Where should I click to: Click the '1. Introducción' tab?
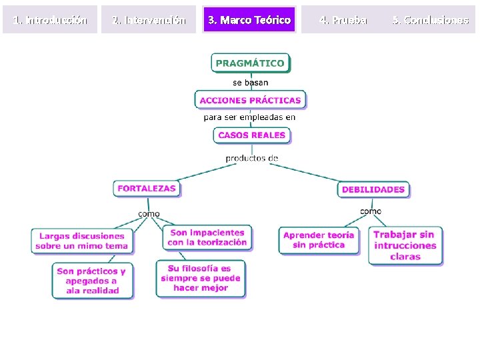point(50,20)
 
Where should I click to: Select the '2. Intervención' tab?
point(149,20)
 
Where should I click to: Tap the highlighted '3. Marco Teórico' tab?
point(249,20)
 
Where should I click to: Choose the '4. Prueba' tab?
point(343,20)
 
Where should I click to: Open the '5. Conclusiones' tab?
point(430,20)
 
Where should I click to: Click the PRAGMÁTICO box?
point(251,63)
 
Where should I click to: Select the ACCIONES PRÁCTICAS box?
point(251,100)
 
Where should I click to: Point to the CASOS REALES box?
point(251,135)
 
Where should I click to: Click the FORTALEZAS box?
point(147,189)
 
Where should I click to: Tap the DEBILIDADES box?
point(373,189)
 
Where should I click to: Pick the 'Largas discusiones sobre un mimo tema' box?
point(82,241)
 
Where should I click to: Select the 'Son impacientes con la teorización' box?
point(207,237)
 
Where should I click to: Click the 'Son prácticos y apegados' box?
point(92,281)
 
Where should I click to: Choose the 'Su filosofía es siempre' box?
point(201,278)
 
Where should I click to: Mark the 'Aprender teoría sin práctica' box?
point(319,240)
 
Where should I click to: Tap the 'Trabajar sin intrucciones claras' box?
point(405,245)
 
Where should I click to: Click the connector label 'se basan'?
point(251,83)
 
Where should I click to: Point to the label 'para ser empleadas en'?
point(250,117)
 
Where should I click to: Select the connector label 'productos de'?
point(251,158)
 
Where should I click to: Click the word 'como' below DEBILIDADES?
point(371,211)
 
